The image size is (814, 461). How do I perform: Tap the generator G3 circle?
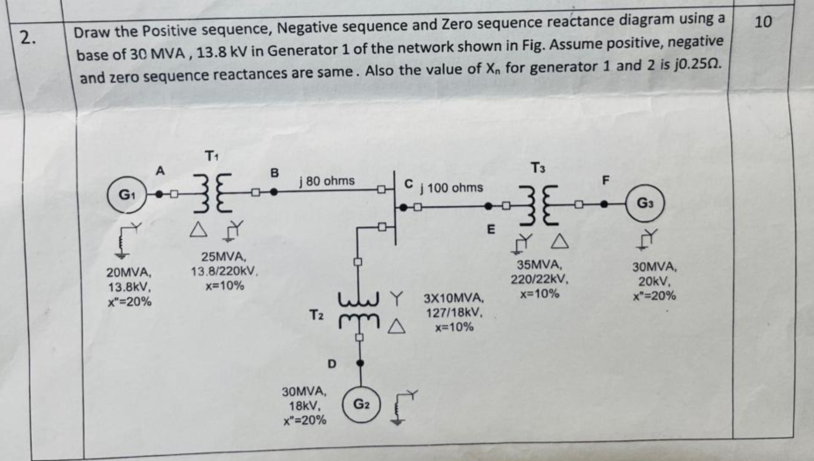point(645,203)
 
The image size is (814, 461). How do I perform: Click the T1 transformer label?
point(211,156)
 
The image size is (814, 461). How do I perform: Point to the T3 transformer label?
point(538,168)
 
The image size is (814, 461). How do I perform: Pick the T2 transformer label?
point(317,315)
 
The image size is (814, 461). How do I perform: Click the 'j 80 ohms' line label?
point(326,181)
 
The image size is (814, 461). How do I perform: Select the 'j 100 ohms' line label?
point(451,188)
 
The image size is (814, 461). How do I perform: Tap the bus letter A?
point(160,171)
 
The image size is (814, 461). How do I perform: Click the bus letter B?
point(274,173)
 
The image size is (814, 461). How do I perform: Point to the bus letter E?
point(490,229)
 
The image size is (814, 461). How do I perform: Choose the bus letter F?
point(605,180)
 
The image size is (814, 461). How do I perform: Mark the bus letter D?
point(332,364)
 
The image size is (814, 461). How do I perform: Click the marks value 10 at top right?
point(763,22)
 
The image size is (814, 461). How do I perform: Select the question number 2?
point(28,37)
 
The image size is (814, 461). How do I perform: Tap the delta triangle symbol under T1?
point(198,229)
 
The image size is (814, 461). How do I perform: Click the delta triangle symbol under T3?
point(560,242)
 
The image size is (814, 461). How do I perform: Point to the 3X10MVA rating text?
point(453,299)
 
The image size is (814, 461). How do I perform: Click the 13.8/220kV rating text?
point(224,272)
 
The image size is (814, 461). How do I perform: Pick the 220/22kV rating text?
point(539,279)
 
